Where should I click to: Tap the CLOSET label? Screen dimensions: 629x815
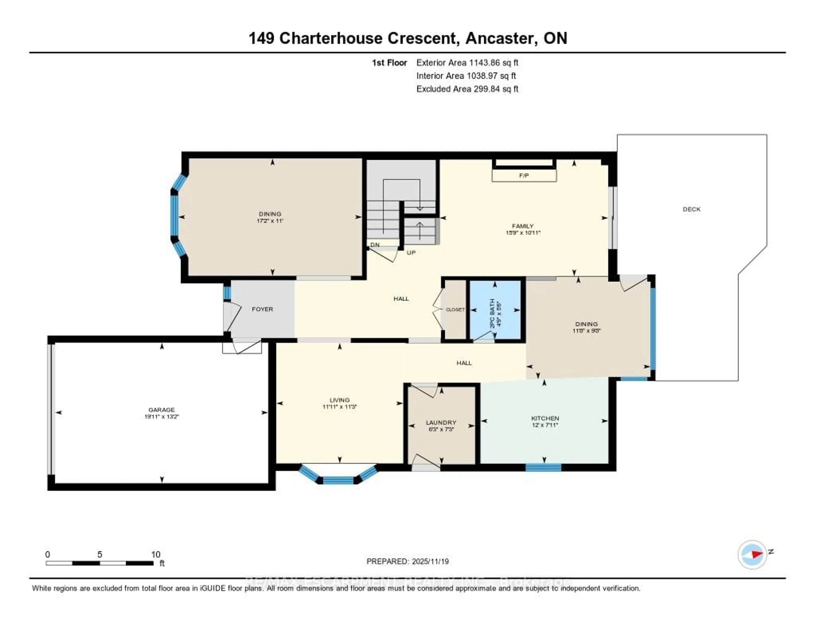tap(455, 309)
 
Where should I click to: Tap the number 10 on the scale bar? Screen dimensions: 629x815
tap(156, 554)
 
